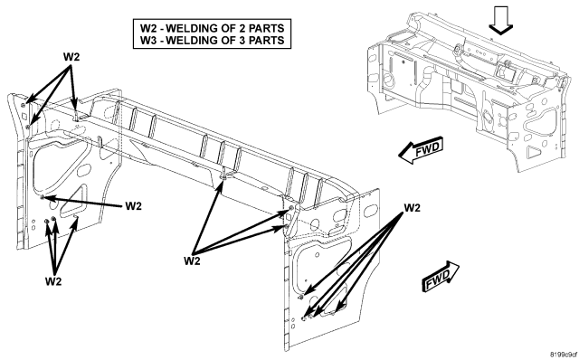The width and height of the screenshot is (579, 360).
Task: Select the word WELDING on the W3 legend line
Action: click(x=191, y=40)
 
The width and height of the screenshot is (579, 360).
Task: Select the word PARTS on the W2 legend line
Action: click(x=266, y=28)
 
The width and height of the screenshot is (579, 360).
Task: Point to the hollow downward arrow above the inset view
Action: click(x=500, y=20)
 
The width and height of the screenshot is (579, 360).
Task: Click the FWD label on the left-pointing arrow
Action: click(x=428, y=149)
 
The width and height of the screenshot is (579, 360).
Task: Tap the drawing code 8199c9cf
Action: click(x=564, y=355)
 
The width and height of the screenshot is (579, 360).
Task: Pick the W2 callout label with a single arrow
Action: click(x=133, y=205)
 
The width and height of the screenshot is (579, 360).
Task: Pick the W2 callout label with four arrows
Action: click(x=413, y=208)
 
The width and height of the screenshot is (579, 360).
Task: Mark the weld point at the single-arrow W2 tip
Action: click(x=43, y=197)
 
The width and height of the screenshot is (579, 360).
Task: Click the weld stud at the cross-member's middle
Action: click(x=223, y=176)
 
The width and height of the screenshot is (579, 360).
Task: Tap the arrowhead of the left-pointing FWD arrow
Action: click(x=405, y=155)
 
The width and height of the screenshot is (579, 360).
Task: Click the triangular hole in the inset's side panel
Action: click(x=533, y=151)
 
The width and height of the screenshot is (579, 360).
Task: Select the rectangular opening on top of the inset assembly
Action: click(x=505, y=71)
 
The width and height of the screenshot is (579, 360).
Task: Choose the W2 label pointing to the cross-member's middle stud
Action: click(x=192, y=261)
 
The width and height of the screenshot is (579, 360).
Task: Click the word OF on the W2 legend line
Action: click(x=226, y=28)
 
